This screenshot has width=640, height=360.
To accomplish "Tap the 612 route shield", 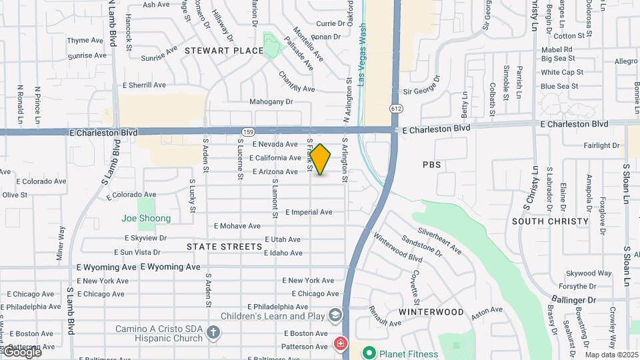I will point(396,108).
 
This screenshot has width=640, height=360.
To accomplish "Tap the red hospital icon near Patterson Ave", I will point(340,344).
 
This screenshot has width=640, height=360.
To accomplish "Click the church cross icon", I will point(213,332).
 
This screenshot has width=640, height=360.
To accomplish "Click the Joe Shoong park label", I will point(146,218).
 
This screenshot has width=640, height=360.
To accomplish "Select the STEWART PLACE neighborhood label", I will point(215,51).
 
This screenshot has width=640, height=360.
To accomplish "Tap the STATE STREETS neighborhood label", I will point(225,247).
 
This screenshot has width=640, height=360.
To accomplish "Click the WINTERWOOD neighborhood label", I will point(431,312).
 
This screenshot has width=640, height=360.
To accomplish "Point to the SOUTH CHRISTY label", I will point(550,221).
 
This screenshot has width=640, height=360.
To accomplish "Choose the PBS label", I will point(432,164).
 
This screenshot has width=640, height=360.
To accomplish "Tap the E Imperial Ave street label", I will point(309,213).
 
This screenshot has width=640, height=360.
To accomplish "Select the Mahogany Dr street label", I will point(271,102).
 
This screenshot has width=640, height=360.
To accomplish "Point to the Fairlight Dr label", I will point(601,145).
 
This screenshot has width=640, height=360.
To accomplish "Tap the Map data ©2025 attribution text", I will point(611,355).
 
